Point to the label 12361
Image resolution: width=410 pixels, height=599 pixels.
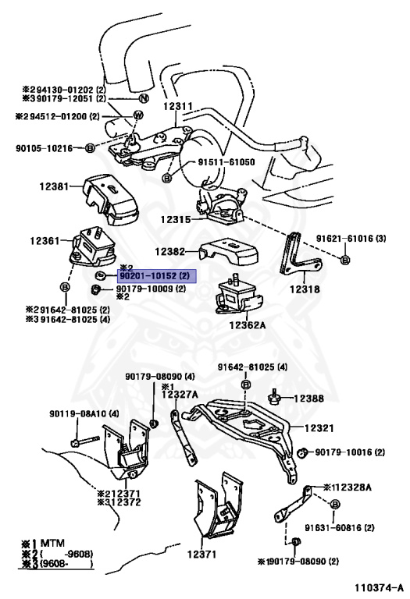[x=44, y=241]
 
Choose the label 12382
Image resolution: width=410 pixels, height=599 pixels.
[x=170, y=252]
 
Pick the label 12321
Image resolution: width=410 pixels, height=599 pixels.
[x=320, y=428]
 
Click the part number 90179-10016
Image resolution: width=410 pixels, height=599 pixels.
[x=345, y=452]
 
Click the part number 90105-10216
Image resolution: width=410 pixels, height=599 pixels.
[x=43, y=147]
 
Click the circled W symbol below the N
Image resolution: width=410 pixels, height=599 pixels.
[x=137, y=116]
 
